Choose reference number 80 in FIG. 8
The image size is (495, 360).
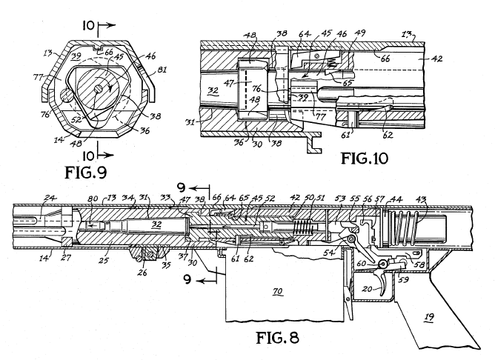pos(94,199)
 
